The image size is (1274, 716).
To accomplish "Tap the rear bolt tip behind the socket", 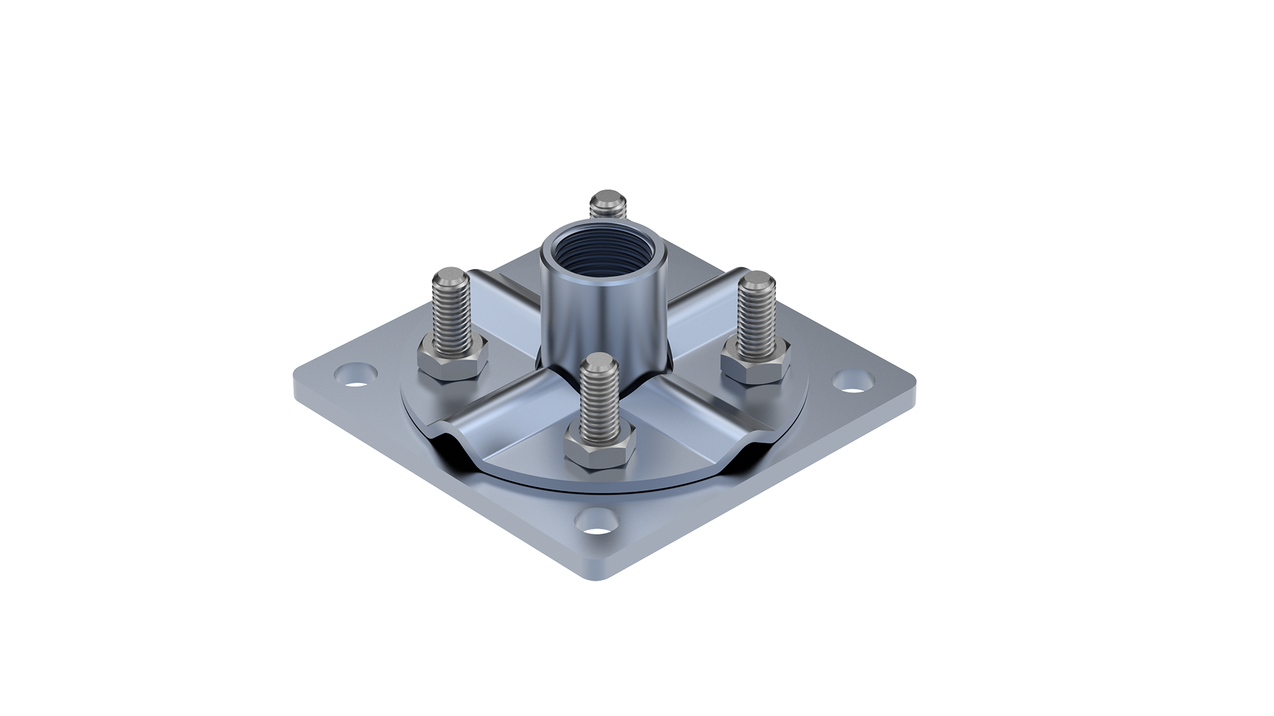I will [x=608, y=199].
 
